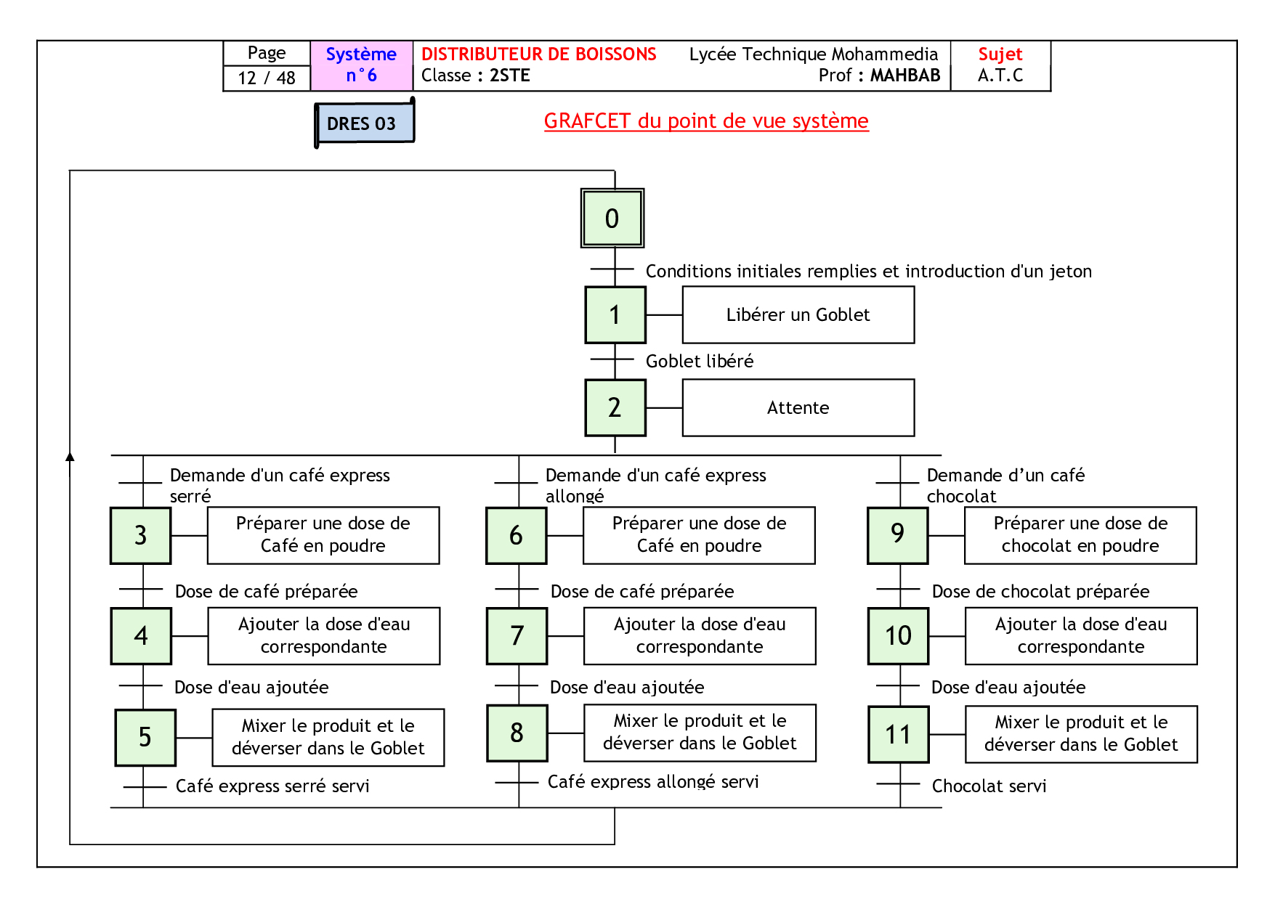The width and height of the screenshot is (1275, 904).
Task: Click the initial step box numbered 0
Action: click(612, 219)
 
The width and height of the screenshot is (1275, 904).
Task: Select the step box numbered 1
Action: click(615, 315)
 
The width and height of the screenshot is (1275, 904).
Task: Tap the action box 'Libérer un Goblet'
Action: click(798, 315)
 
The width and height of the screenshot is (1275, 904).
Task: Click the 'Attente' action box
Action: click(798, 408)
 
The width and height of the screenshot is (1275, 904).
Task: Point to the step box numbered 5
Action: click(145, 738)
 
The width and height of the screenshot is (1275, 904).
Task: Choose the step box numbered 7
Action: click(517, 636)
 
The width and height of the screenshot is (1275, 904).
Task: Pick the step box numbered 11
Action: click(898, 735)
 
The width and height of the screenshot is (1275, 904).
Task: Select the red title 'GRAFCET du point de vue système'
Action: click(705, 121)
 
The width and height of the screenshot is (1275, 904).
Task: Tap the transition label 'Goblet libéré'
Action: click(699, 362)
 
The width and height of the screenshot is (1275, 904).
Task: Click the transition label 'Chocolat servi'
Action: click(989, 786)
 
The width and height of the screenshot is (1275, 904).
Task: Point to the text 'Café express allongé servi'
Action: click(652, 782)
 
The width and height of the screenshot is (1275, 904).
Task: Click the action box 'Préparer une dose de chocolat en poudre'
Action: click(1080, 535)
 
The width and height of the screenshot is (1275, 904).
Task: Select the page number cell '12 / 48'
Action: click(267, 78)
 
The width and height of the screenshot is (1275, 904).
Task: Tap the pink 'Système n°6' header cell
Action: click(361, 65)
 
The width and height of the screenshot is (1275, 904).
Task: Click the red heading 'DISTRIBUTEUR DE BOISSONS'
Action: click(538, 54)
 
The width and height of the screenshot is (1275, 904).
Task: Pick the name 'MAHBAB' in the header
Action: click(905, 76)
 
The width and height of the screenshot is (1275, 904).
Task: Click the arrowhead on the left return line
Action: click(70, 457)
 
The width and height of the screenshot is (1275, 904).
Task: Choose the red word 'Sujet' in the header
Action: click(1000, 54)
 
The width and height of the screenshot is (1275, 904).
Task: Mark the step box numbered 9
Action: click(898, 535)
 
